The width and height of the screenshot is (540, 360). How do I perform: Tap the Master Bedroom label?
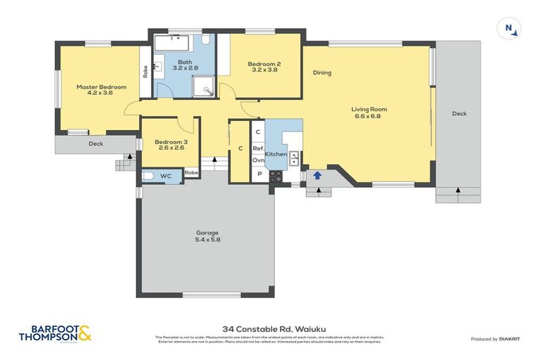(101, 86)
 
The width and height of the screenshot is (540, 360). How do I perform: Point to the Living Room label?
(369, 109)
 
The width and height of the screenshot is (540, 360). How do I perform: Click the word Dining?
(322, 72)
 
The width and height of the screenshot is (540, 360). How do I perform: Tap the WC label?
(166, 175)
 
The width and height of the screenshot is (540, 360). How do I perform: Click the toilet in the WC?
(148, 175)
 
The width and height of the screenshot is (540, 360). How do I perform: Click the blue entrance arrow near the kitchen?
(317, 175)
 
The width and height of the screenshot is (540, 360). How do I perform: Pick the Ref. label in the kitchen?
(258, 148)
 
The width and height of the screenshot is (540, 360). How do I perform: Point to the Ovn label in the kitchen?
(258, 160)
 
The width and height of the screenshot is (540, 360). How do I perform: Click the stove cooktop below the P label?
(275, 176)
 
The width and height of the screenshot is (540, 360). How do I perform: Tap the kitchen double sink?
(295, 158)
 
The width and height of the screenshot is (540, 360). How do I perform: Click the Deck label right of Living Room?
(458, 113)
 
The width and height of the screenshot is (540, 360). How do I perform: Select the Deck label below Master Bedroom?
(96, 143)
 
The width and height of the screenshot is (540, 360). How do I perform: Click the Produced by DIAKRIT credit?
(496, 339)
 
